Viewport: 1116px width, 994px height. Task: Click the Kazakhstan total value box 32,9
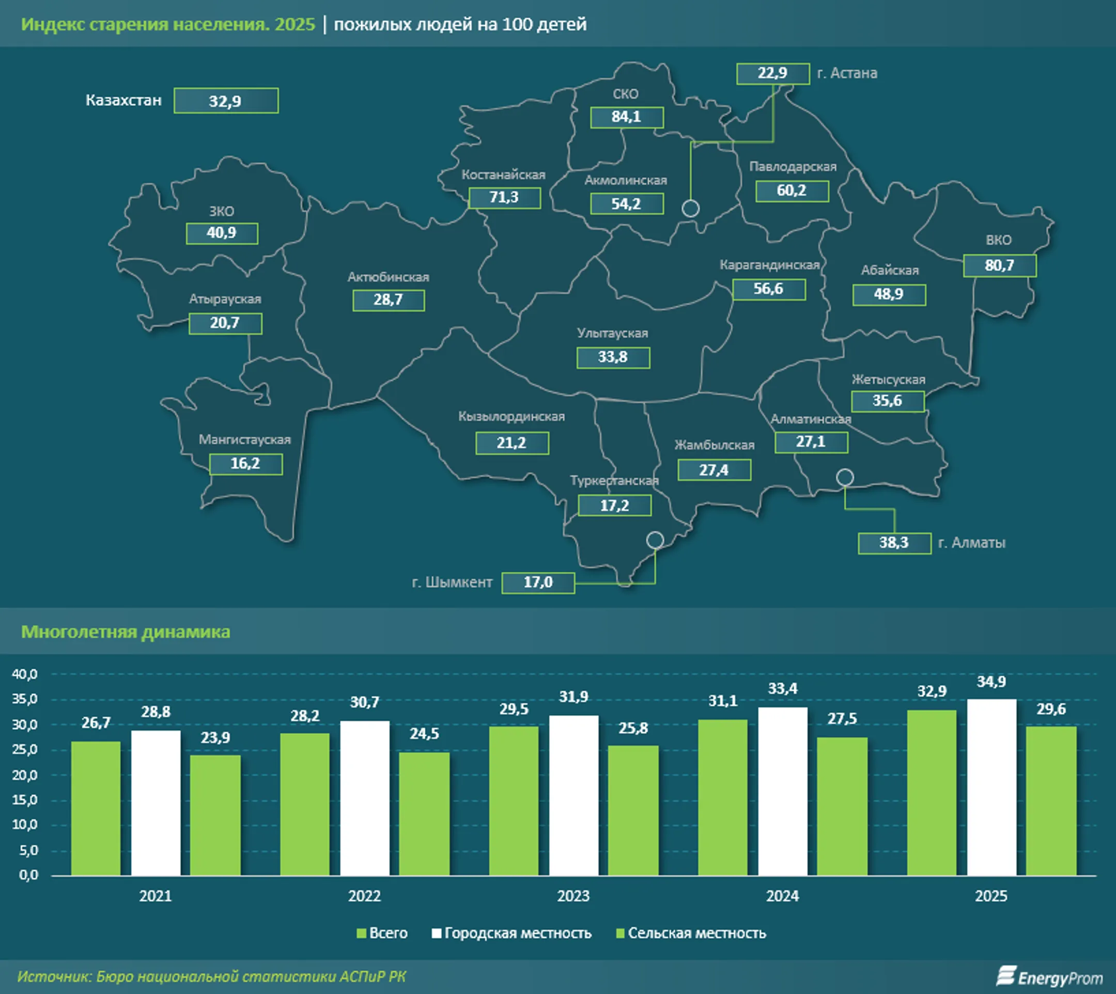pyautogui.click(x=226, y=101)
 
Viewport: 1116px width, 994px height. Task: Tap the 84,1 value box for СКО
pyautogui.click(x=626, y=117)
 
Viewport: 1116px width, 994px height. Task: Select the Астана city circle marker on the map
pyautogui.click(x=691, y=209)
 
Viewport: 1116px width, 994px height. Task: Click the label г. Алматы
pyautogui.click(x=972, y=543)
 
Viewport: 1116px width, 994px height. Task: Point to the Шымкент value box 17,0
pyautogui.click(x=538, y=583)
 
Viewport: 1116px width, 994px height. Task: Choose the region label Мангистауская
pyautogui.click(x=244, y=439)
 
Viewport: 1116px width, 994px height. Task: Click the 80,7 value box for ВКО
pyautogui.click(x=999, y=266)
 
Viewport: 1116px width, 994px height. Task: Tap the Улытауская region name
pyautogui.click(x=612, y=333)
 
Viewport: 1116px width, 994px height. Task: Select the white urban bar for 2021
pyautogui.click(x=156, y=803)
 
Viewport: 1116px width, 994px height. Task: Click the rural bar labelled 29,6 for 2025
pyautogui.click(x=1051, y=801)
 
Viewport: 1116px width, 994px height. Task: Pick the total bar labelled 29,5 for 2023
pyautogui.click(x=514, y=801)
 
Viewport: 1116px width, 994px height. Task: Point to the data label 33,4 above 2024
pyautogui.click(x=783, y=689)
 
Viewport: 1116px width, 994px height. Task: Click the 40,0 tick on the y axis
pyautogui.click(x=25, y=674)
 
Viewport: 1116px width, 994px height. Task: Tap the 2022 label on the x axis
pyautogui.click(x=365, y=896)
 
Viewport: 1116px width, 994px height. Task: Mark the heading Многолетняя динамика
pyautogui.click(x=126, y=632)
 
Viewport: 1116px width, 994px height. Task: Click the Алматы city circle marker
pyautogui.click(x=845, y=477)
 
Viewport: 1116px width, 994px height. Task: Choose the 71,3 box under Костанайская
pyautogui.click(x=504, y=198)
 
